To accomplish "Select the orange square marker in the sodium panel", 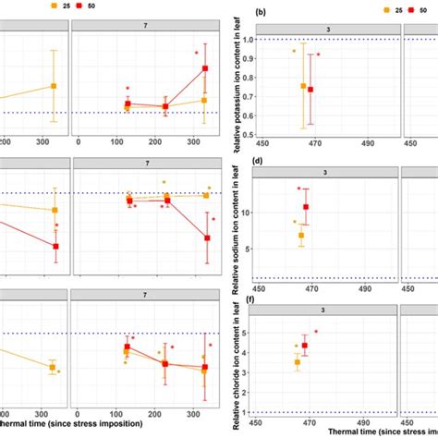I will click(x=301, y=236).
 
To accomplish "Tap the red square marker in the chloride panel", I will click(x=304, y=346).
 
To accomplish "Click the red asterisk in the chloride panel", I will click(x=316, y=331).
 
